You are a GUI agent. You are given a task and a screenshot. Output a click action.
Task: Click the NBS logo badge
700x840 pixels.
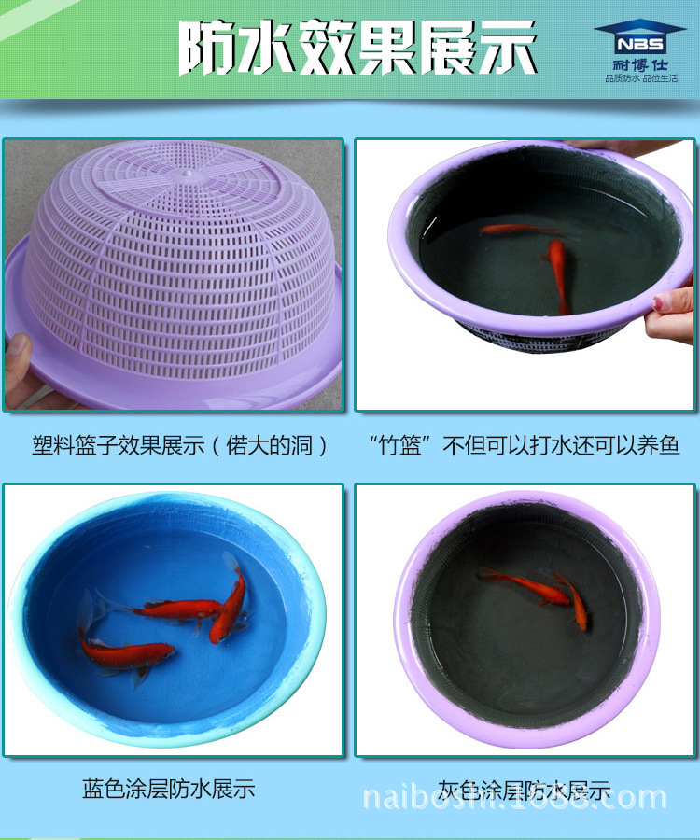[x=639, y=38]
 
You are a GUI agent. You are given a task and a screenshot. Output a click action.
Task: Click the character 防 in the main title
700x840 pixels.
[x=208, y=49]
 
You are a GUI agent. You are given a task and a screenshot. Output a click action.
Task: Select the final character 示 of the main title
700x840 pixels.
[x=509, y=49]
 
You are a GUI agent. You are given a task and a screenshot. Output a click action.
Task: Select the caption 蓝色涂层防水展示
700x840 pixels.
[x=168, y=789]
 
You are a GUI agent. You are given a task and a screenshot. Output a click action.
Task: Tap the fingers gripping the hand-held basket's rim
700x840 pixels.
[x=670, y=310]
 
